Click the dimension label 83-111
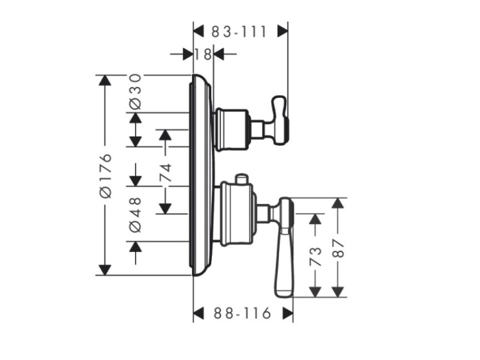pos(240,31)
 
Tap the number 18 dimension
pos(203,54)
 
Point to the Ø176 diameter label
pos(106,176)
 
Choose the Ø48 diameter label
pos(135,214)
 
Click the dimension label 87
pos(338,247)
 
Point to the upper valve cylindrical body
pos(231,129)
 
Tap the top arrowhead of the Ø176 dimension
pos(104,81)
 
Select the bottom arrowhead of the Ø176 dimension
pos(104,270)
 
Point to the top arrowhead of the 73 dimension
pos(314,219)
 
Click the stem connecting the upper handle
pos(259,129)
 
